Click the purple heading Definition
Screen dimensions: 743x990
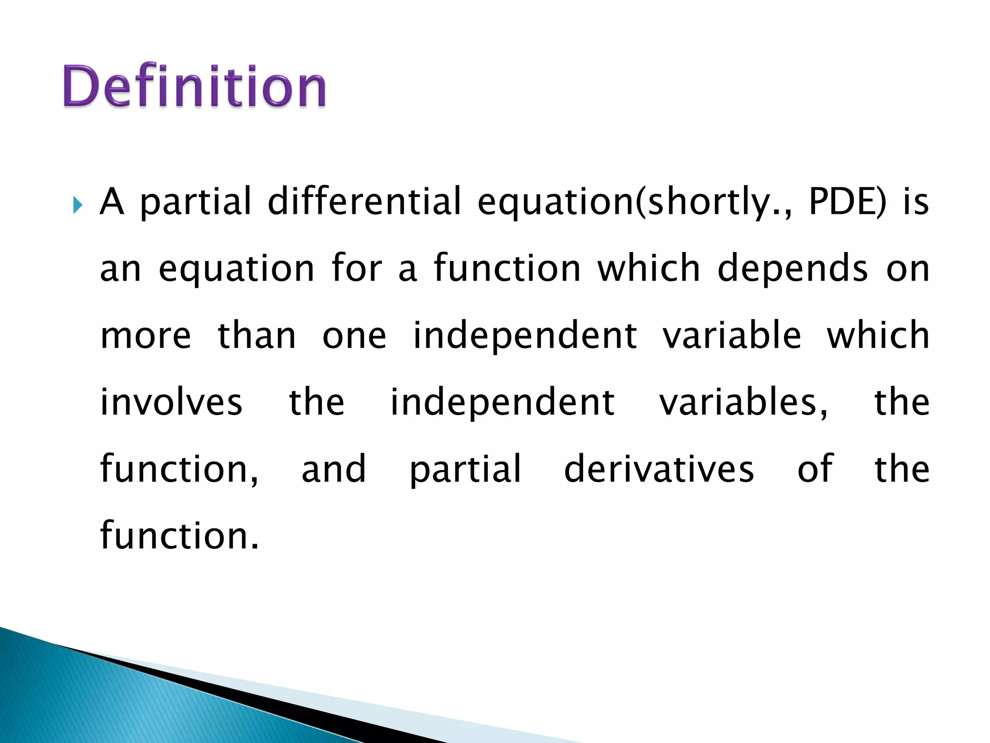pos(194,86)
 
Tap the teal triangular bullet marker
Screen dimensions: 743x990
pos(78,205)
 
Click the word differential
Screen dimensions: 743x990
pos(364,201)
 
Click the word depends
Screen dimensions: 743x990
pos(793,269)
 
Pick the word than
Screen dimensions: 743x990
pos(257,335)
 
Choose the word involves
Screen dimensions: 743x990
pos(171,402)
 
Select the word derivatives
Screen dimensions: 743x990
pos(659,469)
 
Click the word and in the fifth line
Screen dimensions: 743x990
pos(334,469)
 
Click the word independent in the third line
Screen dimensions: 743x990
pos(524,336)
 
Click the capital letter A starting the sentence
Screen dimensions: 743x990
pos(112,201)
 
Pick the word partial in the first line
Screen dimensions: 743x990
pos(196,202)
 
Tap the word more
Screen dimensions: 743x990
pos(146,336)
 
